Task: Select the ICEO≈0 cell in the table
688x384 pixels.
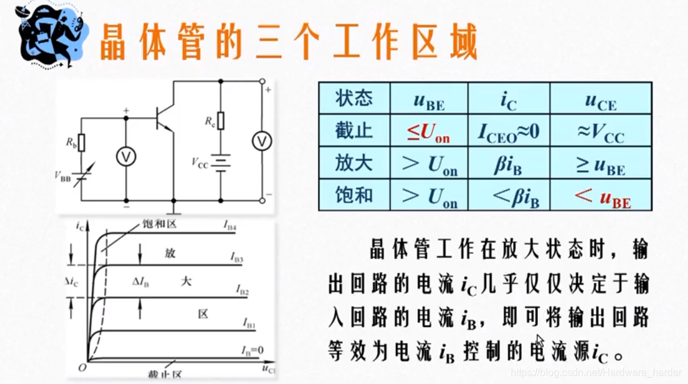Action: [508, 132]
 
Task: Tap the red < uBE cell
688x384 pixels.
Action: [602, 197]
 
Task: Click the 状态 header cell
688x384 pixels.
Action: [354, 99]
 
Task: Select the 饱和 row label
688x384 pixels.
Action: [354, 196]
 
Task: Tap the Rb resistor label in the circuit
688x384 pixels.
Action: [71, 142]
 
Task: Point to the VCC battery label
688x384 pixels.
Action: [199, 162]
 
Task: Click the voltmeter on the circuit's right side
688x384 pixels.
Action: [262, 142]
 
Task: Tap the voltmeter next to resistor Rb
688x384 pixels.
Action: [125, 158]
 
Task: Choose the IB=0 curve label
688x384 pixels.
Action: [251, 350]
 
